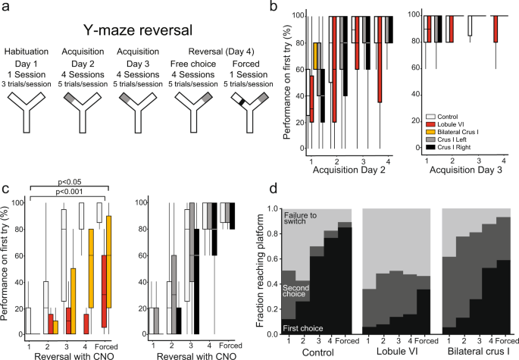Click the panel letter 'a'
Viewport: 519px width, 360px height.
[x=6, y=6]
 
